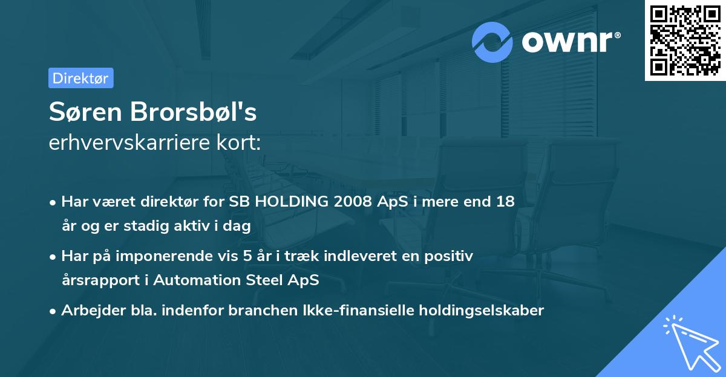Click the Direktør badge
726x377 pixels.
(x=80, y=78)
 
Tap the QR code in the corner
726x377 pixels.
(x=685, y=40)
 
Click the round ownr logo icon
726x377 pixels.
(x=492, y=42)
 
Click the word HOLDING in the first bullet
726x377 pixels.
(x=292, y=202)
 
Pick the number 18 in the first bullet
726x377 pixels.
(x=505, y=202)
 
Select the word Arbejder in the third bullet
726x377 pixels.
(x=88, y=311)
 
